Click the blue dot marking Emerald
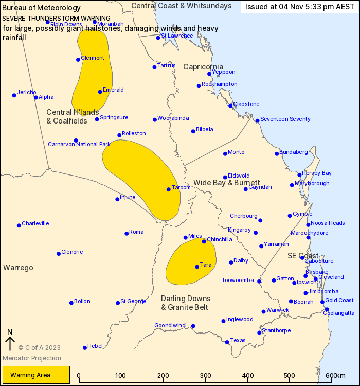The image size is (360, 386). [x=100, y=92]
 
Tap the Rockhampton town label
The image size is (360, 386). [x=219, y=84]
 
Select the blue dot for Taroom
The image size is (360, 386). [x=168, y=189]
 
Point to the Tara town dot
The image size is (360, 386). [x=197, y=267]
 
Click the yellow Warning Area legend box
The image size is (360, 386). [x=36, y=375]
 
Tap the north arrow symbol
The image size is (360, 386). [x=9, y=340]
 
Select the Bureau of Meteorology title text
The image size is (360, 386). [x=42, y=8]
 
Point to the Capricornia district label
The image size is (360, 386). [x=203, y=67]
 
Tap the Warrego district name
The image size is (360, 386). [x=18, y=268]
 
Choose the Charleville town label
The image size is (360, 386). [x=35, y=223]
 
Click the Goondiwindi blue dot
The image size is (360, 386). [x=193, y=326]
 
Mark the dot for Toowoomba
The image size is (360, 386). [x=259, y=281]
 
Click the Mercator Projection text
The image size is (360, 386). [x=32, y=358]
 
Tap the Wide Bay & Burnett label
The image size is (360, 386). [x=226, y=183]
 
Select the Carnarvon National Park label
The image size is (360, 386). [x=79, y=144]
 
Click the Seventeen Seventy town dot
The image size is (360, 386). [x=258, y=121]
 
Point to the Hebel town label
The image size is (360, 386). [x=95, y=346]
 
